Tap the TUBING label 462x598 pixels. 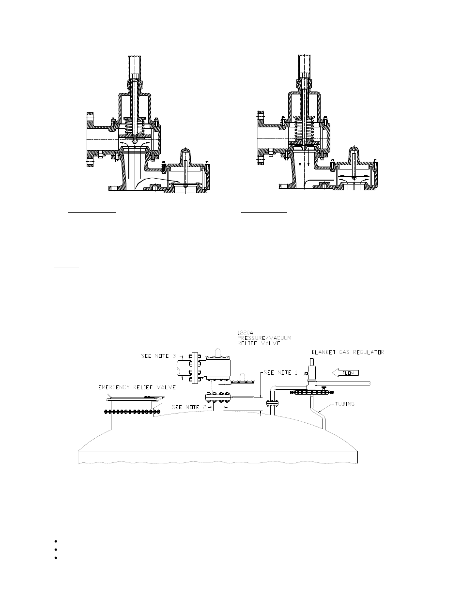point(344,404)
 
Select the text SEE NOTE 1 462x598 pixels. point(278,373)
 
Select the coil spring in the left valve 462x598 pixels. point(135,129)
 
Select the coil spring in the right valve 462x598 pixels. point(304,132)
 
